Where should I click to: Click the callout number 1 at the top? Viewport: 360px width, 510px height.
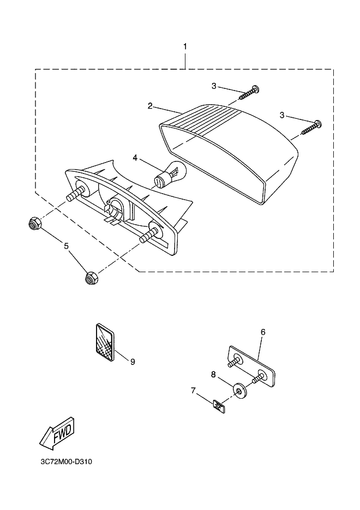pos(185,47)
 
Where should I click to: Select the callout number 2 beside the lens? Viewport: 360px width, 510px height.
pos(150,106)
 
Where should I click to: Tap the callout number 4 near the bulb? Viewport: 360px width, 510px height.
pos(135,158)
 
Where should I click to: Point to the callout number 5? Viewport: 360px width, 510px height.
pos(67,246)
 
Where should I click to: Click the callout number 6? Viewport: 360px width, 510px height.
pos(262,332)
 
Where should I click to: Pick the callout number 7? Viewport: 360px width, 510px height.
pos(193,391)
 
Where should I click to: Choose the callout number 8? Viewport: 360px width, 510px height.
pos(213,374)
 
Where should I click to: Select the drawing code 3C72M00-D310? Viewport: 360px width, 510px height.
pos(66,461)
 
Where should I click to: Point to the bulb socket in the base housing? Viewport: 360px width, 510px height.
pos(116,209)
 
